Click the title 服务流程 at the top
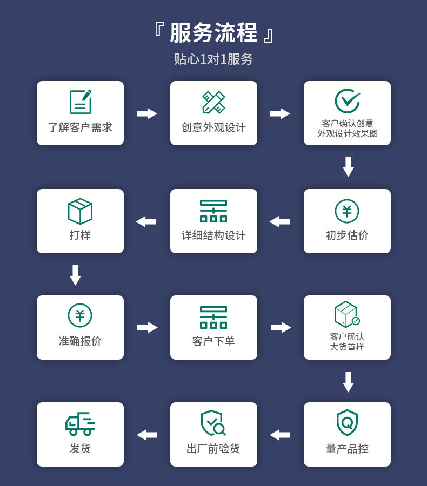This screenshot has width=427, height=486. [x=213, y=33]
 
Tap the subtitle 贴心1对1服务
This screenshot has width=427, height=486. [x=213, y=59]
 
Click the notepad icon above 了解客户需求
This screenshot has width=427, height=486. [x=80, y=102]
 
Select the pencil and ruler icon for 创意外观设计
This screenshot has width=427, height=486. [x=213, y=102]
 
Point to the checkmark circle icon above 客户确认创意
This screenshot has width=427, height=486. [x=347, y=100]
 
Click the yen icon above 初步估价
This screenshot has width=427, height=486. [x=347, y=211]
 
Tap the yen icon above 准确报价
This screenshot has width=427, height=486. [x=80, y=315]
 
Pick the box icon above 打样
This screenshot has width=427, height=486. [x=80, y=211]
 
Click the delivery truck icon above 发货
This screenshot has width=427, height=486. [x=80, y=423]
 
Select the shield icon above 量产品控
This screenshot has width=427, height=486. [x=347, y=422]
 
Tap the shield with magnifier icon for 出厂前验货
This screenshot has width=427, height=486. [x=213, y=423]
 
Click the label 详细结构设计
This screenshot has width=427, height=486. [x=213, y=235]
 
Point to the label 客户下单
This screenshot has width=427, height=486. [x=213, y=341]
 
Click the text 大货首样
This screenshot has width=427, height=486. [x=347, y=347]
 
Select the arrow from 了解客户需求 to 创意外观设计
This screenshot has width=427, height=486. [x=146, y=113]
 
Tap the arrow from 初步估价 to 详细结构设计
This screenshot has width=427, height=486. [x=280, y=221]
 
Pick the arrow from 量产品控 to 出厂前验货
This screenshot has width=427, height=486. [x=280, y=435]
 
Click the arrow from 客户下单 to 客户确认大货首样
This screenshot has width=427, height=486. [x=281, y=327]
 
